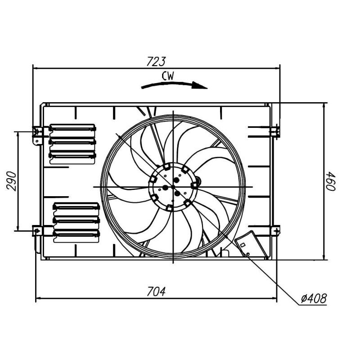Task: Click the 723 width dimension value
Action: (156, 61)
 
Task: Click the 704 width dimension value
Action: (156, 291)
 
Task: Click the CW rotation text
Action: (168, 76)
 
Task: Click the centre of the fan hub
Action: (173, 186)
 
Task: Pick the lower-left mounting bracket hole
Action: (36, 230)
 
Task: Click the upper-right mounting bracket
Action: (275, 130)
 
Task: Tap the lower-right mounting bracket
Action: (274, 230)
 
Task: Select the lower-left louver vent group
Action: (76, 220)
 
